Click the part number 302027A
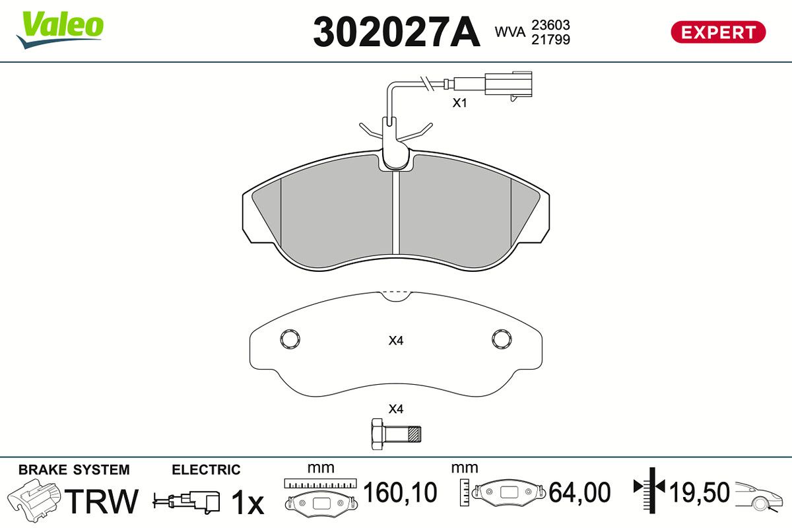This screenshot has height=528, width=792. (396, 32)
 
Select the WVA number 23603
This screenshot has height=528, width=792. (550, 24)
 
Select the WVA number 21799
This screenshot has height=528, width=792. (550, 40)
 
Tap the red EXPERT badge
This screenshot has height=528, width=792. (718, 32)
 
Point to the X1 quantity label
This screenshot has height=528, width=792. (459, 103)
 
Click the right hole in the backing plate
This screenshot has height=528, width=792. (502, 339)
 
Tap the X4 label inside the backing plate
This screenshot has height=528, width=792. (396, 341)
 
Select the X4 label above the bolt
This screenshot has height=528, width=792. (396, 409)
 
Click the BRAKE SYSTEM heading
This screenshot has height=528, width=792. (74, 470)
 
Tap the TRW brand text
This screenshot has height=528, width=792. (103, 502)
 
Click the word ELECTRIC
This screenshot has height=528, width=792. (206, 470)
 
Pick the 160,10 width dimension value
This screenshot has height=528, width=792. (401, 492)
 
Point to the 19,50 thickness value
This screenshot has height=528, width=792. (700, 492)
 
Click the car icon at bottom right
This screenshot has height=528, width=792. (760, 496)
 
